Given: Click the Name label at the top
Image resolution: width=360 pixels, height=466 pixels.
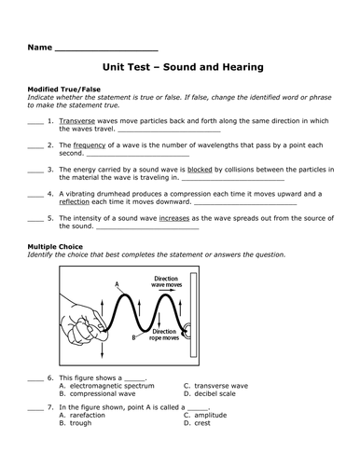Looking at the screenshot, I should (x=39, y=46).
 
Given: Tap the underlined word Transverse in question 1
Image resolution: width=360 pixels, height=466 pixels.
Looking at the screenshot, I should (x=76, y=121).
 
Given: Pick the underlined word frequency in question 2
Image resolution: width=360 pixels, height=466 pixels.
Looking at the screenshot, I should (x=87, y=146).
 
